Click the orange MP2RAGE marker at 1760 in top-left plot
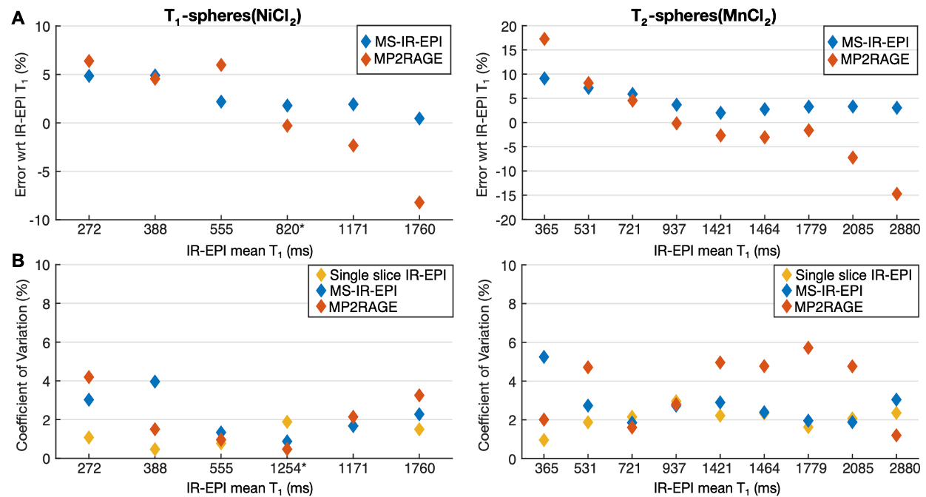point(419,203)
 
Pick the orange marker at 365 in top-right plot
point(544,39)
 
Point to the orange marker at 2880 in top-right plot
point(896,194)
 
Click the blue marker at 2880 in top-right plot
point(896,108)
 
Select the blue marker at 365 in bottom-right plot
point(544,357)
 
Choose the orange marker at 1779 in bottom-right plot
point(808,348)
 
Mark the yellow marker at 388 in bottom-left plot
point(155,449)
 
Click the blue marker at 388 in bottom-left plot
point(155,382)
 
